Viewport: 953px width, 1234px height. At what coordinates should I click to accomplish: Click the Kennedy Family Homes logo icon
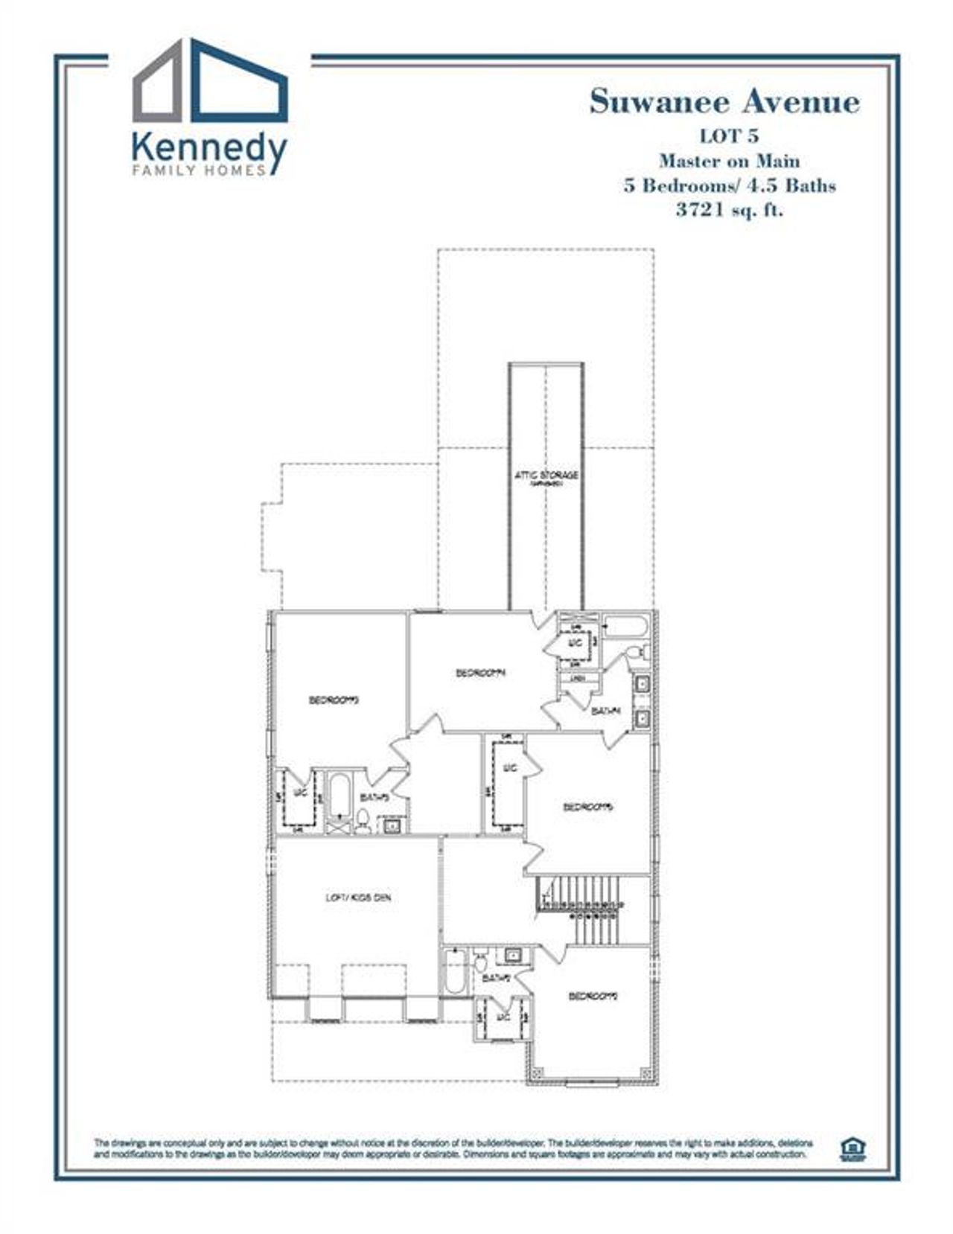211,82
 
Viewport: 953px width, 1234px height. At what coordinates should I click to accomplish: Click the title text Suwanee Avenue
724,102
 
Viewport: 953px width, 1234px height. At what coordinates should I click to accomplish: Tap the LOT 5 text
728,137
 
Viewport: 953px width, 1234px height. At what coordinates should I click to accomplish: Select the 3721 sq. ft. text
729,209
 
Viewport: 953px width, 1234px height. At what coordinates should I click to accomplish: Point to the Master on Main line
729,161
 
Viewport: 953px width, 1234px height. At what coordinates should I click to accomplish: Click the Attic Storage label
546,476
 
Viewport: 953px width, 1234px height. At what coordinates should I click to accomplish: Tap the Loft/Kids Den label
358,898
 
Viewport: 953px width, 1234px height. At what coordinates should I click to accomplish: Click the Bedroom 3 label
334,700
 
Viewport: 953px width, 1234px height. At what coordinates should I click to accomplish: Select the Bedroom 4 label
481,673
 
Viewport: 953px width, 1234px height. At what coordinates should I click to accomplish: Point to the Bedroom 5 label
587,807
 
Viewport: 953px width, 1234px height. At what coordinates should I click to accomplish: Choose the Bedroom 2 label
593,996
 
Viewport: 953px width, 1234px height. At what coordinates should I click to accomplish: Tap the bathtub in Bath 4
625,627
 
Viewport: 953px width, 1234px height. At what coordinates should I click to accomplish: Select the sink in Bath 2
513,955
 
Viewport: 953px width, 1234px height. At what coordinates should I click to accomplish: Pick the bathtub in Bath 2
453,971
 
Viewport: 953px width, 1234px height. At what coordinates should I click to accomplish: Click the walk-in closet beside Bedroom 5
509,788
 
